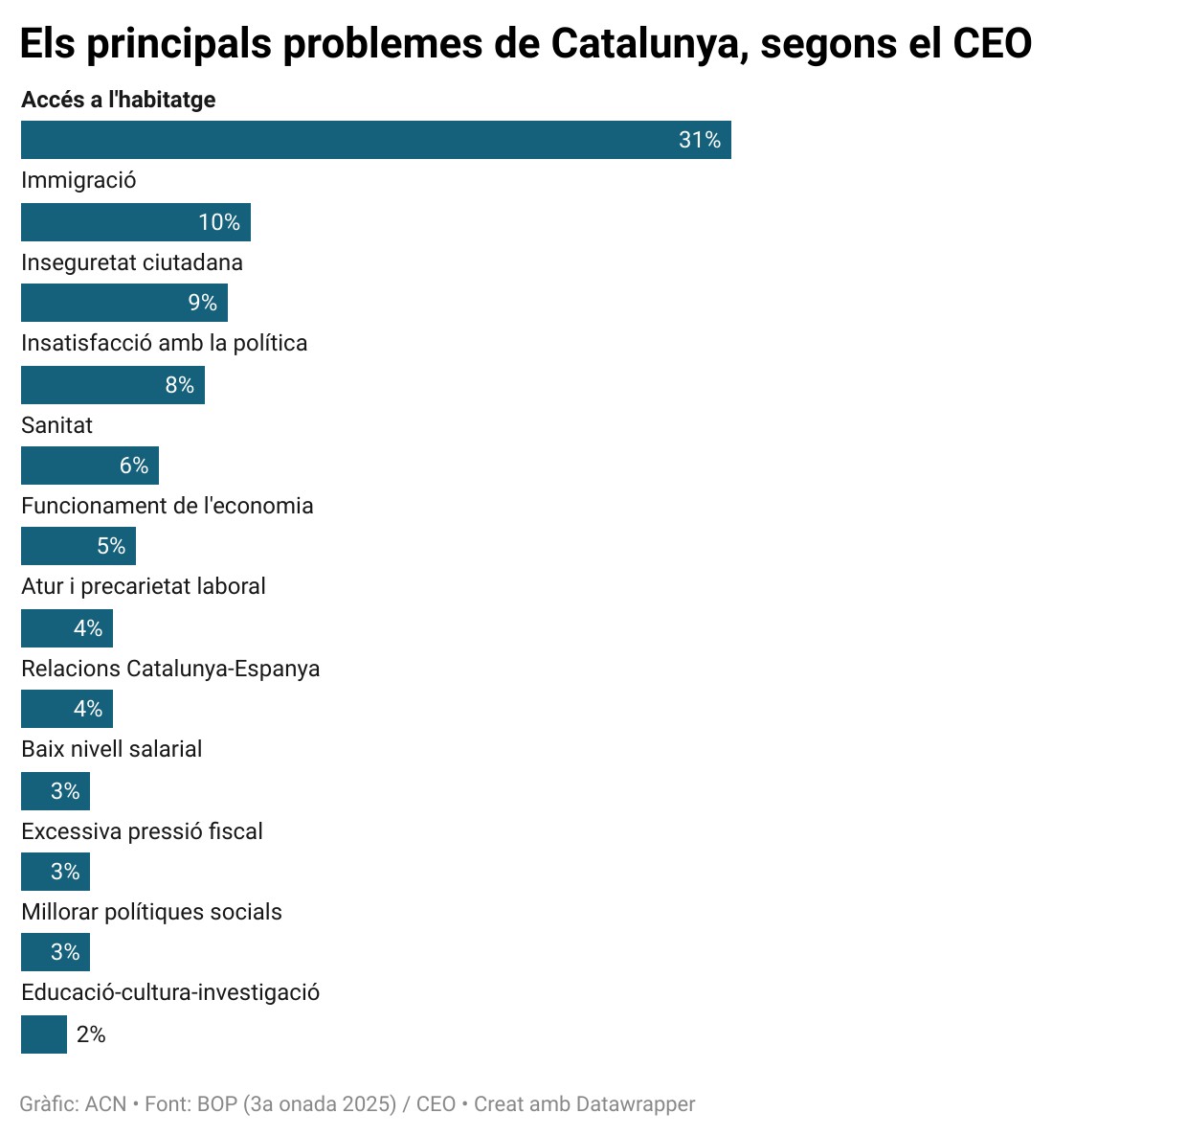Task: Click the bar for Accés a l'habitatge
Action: coord(375,140)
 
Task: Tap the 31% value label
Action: coord(700,140)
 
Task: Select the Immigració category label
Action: coord(78,180)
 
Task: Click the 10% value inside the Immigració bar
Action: coord(219,222)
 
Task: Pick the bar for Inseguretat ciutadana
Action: coord(123,303)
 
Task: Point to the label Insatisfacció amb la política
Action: coord(165,343)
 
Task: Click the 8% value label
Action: coord(180,385)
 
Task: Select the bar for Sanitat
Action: coord(89,466)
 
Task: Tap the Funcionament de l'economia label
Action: coord(168,506)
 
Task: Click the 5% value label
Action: coord(111,546)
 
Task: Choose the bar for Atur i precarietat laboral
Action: coord(66,628)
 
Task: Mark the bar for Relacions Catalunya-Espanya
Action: coord(66,709)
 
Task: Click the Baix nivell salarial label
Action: coord(112,749)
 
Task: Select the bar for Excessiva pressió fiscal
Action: coord(55,872)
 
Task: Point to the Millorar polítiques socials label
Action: coord(151,912)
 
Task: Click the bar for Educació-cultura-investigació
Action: coord(44,1034)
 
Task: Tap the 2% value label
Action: coord(91,1034)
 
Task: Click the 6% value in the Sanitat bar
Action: coord(134,466)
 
